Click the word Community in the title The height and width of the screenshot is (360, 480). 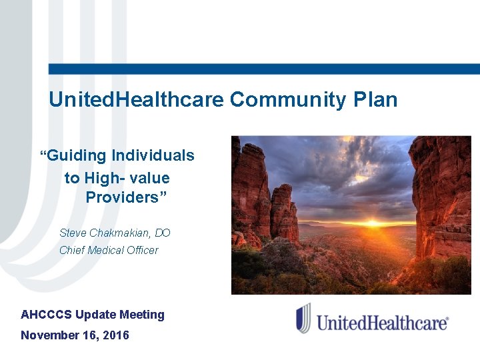[288, 101]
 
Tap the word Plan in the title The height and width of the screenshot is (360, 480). [375, 101]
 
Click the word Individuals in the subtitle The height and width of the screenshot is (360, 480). [153, 156]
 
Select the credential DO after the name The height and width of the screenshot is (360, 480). [163, 233]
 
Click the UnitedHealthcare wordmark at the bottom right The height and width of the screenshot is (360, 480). [381, 323]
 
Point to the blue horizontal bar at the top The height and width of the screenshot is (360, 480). [264, 69]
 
